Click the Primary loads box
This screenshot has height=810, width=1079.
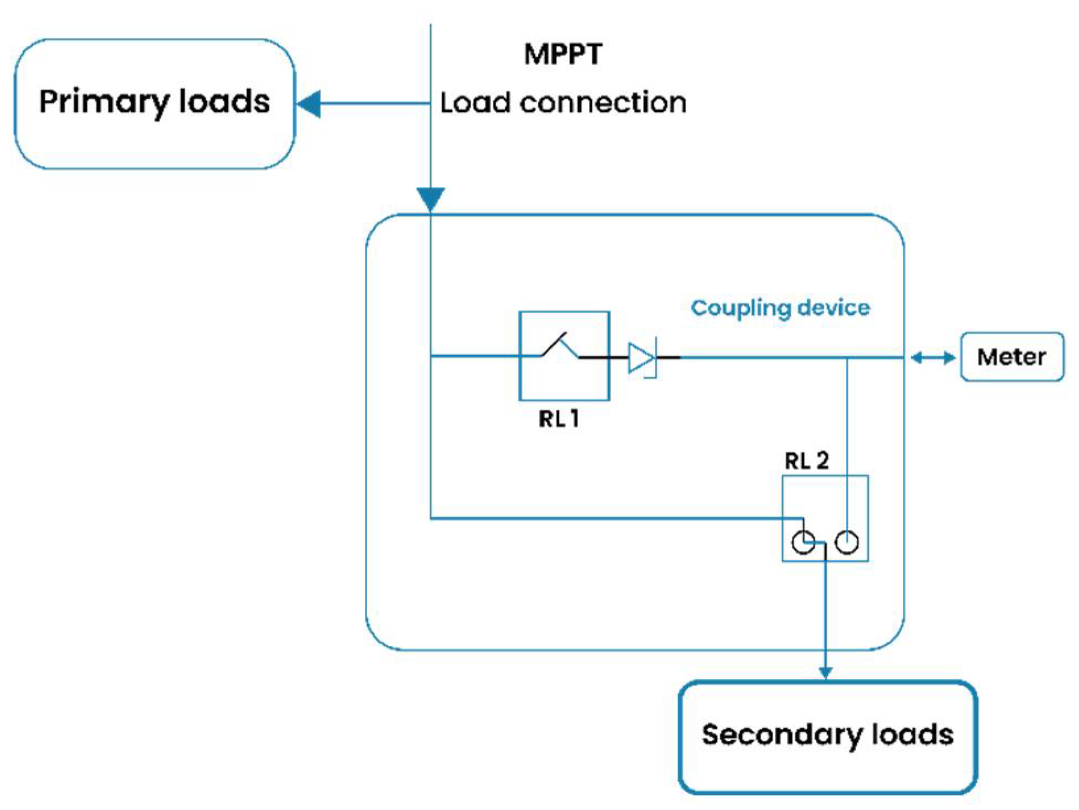click(154, 104)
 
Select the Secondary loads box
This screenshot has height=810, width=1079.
click(827, 737)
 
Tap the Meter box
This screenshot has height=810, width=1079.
click(1012, 357)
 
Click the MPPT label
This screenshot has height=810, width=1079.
click(563, 54)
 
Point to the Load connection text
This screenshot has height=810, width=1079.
click(563, 103)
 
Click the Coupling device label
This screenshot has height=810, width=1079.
click(780, 308)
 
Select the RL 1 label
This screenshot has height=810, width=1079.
click(559, 419)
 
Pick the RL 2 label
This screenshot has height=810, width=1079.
click(807, 460)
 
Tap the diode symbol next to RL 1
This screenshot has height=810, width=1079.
click(642, 358)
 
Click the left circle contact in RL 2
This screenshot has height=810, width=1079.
click(803, 542)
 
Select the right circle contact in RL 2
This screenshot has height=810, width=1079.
click(846, 542)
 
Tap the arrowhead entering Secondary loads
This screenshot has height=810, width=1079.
click(825, 673)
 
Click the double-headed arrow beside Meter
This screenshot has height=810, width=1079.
click(933, 358)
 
